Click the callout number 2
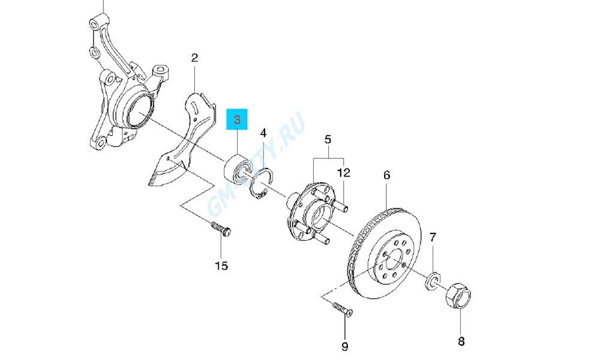click(x=194, y=58)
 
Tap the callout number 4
click(x=263, y=133)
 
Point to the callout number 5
click(x=328, y=140)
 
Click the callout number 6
click(x=386, y=175)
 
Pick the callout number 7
click(x=433, y=238)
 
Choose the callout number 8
click(x=461, y=342)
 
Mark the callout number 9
click(x=345, y=346)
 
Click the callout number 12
click(x=343, y=173)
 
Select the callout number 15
click(x=221, y=265)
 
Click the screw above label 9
click(x=343, y=309)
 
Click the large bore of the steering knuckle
click(x=139, y=110)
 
